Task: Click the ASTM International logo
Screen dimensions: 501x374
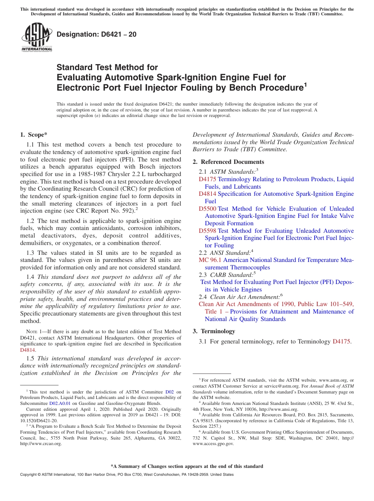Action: [x=37, y=37]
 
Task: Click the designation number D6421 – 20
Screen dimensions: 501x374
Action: [x=96, y=34]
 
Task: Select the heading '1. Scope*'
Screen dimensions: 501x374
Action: [x=33, y=135]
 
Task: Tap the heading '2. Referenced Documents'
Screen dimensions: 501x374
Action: [x=228, y=162]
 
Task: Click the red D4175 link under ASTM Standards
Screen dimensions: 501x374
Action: [x=207, y=179]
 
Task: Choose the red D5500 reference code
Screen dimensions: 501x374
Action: [x=207, y=209]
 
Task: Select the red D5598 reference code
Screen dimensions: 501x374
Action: [x=207, y=231]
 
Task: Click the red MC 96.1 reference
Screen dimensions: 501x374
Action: [x=210, y=260]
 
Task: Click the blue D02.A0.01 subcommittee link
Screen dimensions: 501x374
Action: [x=60, y=403]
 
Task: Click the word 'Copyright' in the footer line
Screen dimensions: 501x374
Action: [x=30, y=475]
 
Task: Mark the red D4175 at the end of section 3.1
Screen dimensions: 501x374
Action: [x=341, y=341]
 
